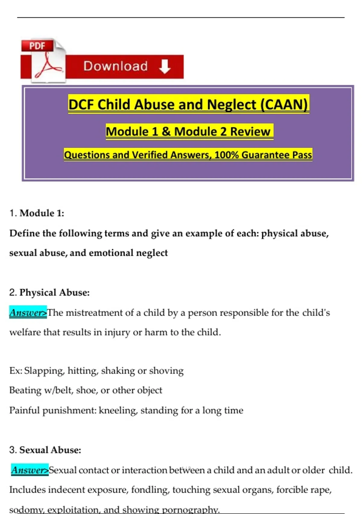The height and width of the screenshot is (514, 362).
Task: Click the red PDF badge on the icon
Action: tap(37, 46)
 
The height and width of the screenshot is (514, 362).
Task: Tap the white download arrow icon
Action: tap(165, 66)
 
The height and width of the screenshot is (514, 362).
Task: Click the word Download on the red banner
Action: tap(116, 66)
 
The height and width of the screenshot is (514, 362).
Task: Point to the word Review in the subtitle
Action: tap(250, 132)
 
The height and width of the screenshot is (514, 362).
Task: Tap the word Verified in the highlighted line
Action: tap(150, 155)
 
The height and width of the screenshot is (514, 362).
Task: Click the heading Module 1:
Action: tap(42, 213)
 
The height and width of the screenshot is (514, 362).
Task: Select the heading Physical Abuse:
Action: tap(54, 293)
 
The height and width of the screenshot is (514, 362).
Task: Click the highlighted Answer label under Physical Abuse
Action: tap(28, 312)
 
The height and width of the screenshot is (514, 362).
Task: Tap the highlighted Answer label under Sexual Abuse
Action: tap(30, 470)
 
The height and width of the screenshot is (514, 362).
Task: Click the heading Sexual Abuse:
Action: tap(50, 450)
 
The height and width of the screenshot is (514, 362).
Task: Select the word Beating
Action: tap(25, 390)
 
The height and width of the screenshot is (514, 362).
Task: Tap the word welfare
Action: tap(25, 332)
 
